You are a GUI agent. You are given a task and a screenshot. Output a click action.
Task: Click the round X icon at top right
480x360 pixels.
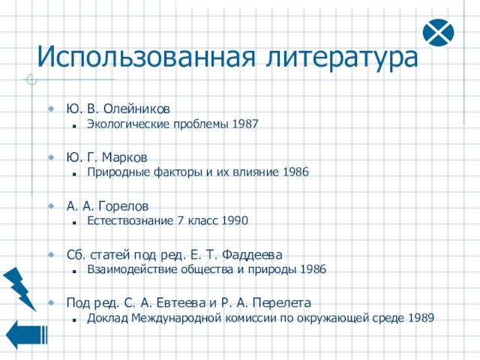point(438,32)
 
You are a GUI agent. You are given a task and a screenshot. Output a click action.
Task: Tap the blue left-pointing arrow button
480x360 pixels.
point(27,334)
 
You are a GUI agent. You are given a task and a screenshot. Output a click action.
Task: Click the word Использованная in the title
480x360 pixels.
point(146,58)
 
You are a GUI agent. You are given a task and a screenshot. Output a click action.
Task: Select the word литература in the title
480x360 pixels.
point(342,58)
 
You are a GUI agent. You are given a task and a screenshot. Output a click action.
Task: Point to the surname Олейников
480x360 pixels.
point(136,109)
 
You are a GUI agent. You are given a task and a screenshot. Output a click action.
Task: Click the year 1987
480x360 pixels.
point(245,124)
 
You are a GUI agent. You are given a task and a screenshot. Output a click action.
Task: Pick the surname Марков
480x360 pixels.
point(124,157)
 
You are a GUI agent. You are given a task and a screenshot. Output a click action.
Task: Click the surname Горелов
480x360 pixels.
point(123,206)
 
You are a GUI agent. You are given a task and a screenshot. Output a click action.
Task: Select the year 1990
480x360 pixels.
point(235,220)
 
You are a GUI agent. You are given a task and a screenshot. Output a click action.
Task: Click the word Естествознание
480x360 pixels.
point(130,220)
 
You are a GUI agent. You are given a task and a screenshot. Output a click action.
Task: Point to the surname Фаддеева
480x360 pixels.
point(252,255)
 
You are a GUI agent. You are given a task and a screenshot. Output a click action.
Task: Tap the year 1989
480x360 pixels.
point(421,318)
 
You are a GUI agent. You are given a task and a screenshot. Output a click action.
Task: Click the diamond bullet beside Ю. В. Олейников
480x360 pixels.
point(51,108)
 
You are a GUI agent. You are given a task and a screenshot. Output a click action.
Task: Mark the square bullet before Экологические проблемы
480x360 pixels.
point(74,126)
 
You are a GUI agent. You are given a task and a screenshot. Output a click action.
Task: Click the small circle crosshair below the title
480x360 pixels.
point(31,79)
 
